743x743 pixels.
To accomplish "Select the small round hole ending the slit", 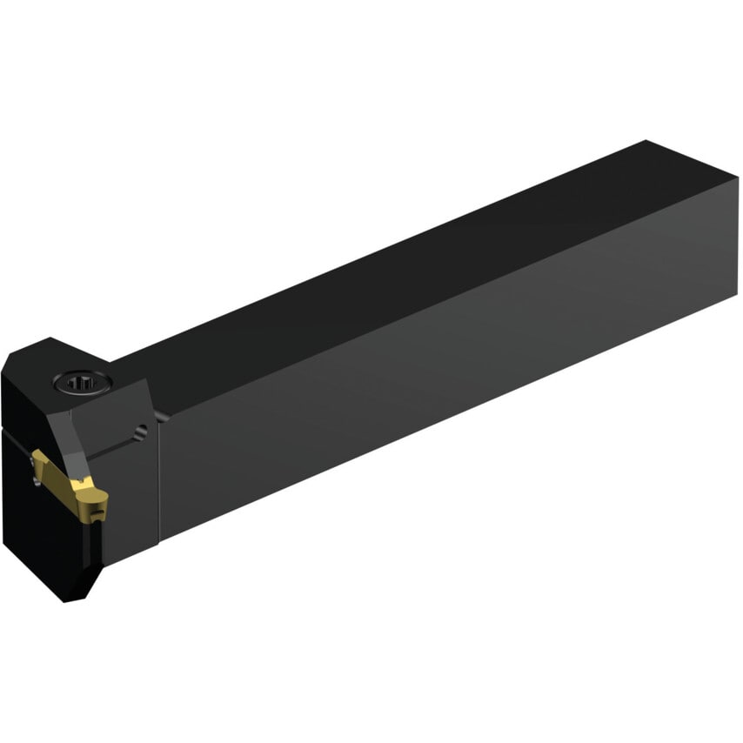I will (x=140, y=427).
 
